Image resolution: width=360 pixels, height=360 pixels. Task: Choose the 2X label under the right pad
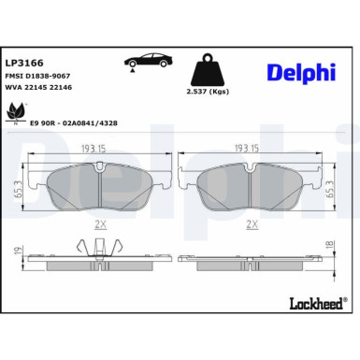[252, 224]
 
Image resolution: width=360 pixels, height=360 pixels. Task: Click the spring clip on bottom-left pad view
[104, 247]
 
